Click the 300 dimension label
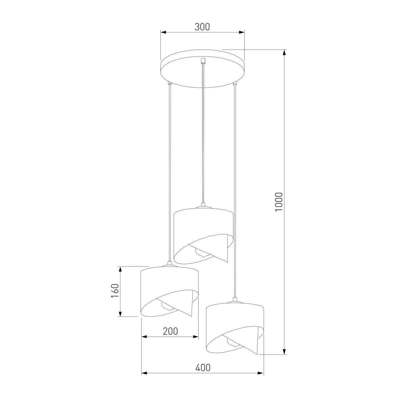pyautogui.click(x=202, y=27)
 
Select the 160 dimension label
pyautogui.click(x=115, y=291)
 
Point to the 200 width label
pyautogui.click(x=170, y=331)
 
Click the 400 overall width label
pyautogui.click(x=203, y=368)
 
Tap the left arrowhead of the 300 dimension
pyautogui.click(x=164, y=32)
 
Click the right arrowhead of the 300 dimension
pyautogui.click(x=241, y=32)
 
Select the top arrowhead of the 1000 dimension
pyautogui.click(x=285, y=53)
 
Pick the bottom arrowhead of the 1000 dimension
pyautogui.click(x=285, y=351)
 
